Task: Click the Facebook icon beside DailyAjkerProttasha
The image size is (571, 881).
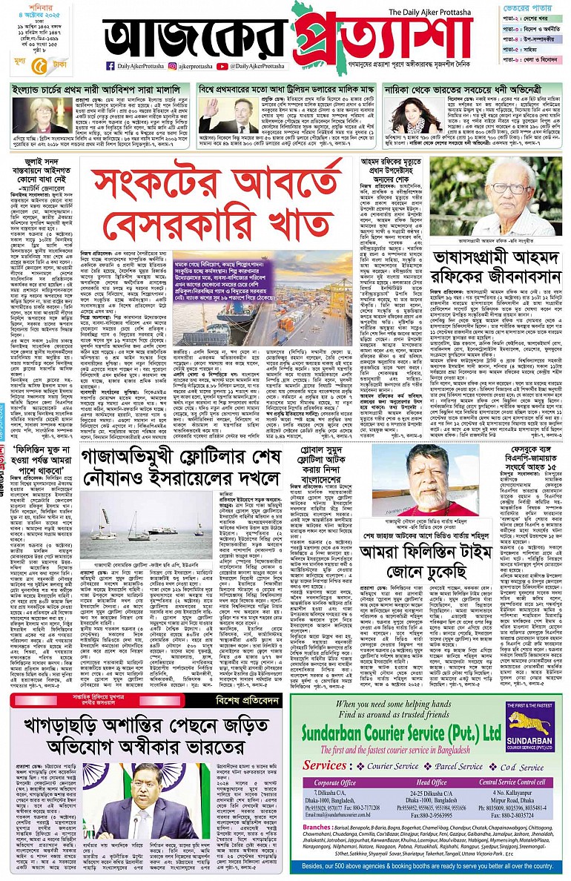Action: tap(110, 66)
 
